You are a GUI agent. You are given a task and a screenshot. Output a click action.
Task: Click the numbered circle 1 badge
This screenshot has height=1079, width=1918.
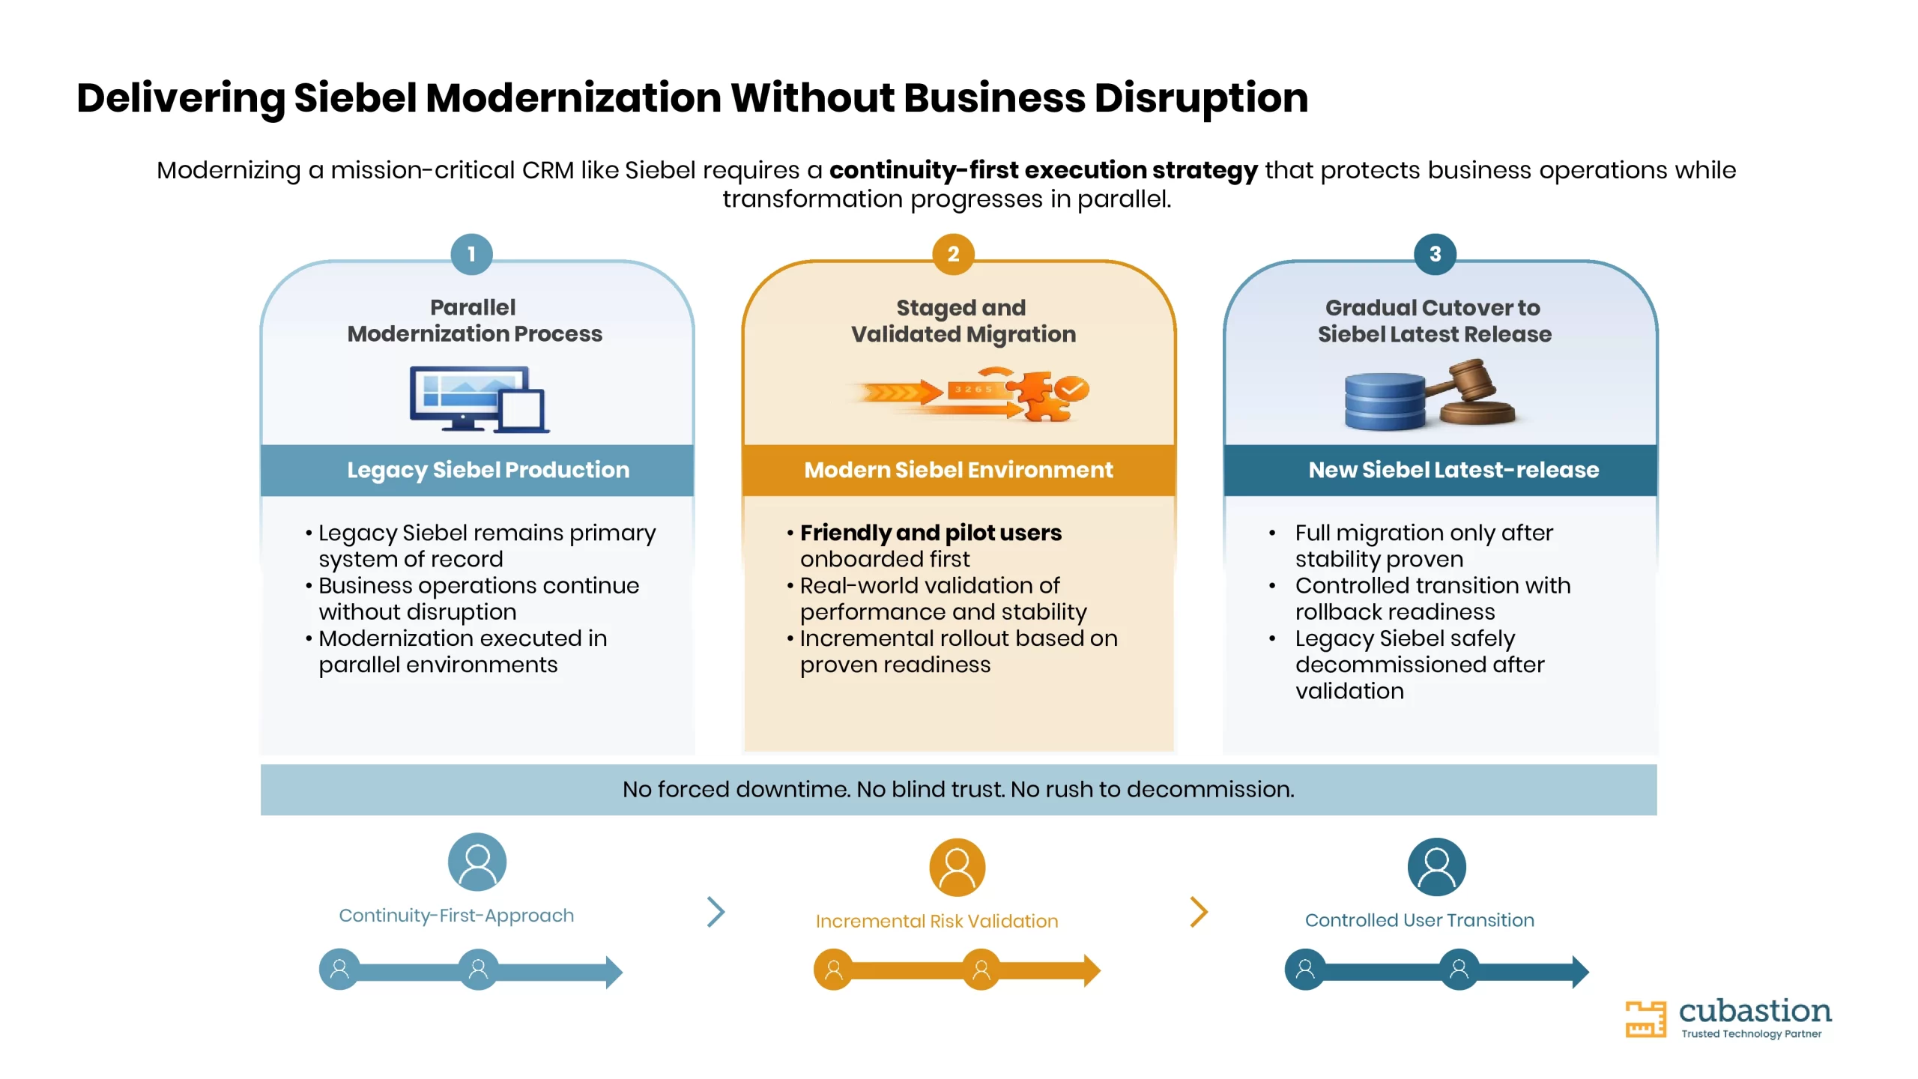[471, 255]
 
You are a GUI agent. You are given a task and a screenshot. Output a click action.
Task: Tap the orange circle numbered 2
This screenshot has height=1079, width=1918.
[953, 255]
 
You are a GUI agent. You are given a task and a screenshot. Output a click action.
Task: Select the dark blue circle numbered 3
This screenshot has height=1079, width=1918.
[1435, 255]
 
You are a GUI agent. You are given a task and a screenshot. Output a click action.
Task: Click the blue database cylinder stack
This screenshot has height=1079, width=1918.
[1385, 402]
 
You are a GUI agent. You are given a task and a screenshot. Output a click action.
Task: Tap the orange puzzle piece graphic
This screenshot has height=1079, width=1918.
[1038, 395]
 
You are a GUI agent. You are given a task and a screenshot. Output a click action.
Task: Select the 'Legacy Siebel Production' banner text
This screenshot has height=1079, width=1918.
[488, 470]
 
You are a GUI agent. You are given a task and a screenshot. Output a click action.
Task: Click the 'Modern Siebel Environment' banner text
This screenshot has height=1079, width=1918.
[958, 470]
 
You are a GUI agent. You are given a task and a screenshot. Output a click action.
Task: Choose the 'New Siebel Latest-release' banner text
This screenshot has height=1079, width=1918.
[1453, 470]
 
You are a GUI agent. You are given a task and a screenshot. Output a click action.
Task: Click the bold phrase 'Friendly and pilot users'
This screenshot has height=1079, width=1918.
[931, 533]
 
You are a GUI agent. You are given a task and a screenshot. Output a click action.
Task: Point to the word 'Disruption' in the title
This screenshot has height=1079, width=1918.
[1201, 98]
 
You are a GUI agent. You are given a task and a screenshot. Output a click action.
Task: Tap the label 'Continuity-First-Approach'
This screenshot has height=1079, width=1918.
[456, 916]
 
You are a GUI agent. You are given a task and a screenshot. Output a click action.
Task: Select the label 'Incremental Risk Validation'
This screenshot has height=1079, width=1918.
[937, 921]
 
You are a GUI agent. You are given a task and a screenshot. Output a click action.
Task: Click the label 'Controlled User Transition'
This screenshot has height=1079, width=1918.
[1419, 920]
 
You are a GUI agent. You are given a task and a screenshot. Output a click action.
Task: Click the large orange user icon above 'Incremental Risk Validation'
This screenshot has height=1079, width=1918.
[957, 868]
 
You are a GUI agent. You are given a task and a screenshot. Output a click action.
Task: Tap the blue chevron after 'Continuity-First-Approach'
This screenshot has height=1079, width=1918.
[716, 912]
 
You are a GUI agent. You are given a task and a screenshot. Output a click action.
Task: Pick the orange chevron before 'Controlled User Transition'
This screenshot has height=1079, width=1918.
[1199, 912]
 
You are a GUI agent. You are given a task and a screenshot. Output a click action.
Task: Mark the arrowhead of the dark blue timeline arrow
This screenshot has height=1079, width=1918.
[1580, 972]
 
